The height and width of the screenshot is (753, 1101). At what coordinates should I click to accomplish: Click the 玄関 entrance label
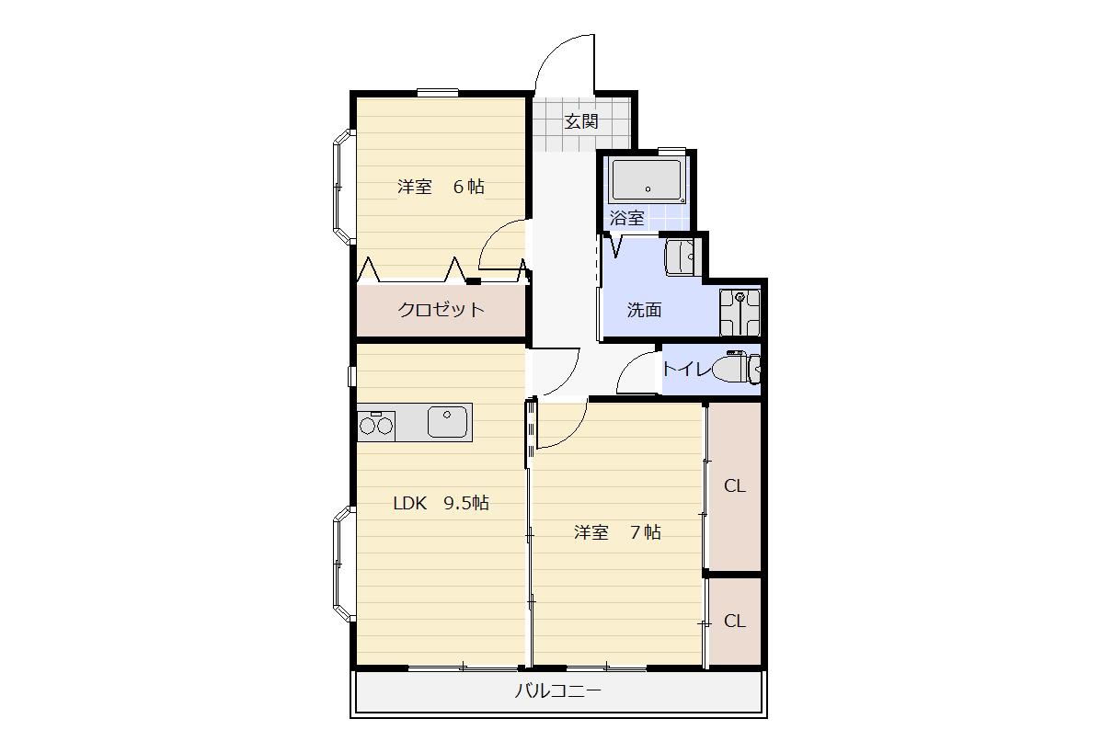581,121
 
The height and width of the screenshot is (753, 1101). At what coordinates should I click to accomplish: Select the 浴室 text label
627,218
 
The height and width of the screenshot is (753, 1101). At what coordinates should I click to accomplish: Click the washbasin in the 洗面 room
680,257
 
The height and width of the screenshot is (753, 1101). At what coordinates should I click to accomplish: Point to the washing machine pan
740,312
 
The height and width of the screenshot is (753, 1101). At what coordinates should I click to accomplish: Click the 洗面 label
644,310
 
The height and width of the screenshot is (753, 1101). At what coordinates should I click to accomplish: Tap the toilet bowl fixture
736,368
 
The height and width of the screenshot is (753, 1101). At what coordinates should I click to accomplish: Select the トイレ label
685,368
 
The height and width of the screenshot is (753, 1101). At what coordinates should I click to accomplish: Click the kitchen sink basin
447,422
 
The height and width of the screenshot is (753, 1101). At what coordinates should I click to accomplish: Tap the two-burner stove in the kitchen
376,426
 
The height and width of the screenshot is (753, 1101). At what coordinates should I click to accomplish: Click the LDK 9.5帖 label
441,503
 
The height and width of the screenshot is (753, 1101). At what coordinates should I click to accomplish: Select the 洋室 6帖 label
441,187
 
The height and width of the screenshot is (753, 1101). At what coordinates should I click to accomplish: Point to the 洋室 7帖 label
617,532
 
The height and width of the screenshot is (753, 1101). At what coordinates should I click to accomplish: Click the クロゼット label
441,310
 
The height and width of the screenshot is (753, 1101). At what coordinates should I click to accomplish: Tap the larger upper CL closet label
735,485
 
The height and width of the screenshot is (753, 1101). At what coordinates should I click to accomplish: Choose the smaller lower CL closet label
735,622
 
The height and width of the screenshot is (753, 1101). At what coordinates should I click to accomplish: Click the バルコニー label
558,691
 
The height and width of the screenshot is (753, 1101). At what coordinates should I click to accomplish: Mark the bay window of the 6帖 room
343,188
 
